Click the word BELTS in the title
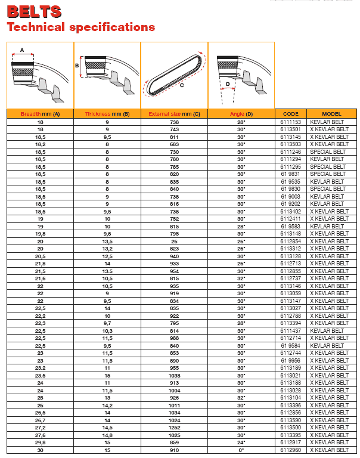34,11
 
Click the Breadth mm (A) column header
40,113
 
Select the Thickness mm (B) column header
107,113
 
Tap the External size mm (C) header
174,113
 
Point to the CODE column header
290,113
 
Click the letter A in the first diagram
22,51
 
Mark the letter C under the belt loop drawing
181,85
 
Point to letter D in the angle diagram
228,84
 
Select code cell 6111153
290,122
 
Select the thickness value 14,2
107,405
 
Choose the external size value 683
174,144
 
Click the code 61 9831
290,174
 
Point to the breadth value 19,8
40,234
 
